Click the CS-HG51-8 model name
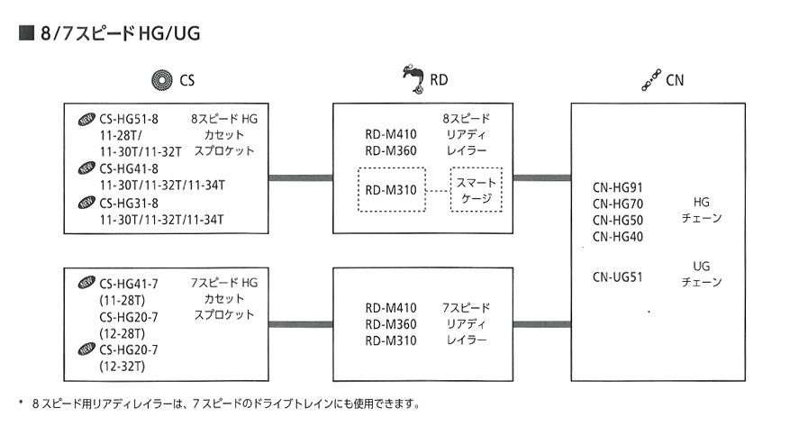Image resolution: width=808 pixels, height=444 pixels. coord(129,118)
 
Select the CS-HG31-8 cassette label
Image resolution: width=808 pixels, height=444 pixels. coord(129,202)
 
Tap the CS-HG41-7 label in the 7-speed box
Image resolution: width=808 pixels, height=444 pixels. coord(129,283)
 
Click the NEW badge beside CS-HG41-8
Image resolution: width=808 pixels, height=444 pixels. coord(86,168)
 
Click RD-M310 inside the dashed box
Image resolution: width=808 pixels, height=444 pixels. coord(390,190)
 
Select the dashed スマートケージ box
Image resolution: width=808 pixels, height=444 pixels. coord(477,190)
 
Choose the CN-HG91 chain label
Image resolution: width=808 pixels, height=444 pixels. coord(617,187)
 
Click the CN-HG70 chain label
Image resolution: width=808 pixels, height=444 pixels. coord(617,204)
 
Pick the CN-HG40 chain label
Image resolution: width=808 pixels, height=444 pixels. coord(617,236)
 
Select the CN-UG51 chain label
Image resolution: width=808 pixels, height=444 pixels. coord(617,276)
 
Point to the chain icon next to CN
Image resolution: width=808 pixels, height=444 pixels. coord(649,81)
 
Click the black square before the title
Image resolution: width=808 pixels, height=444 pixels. coord(24,34)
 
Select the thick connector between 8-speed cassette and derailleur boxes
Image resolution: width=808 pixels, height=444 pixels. coord(300,177)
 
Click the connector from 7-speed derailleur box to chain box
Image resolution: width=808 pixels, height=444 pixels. coord(541,324)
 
